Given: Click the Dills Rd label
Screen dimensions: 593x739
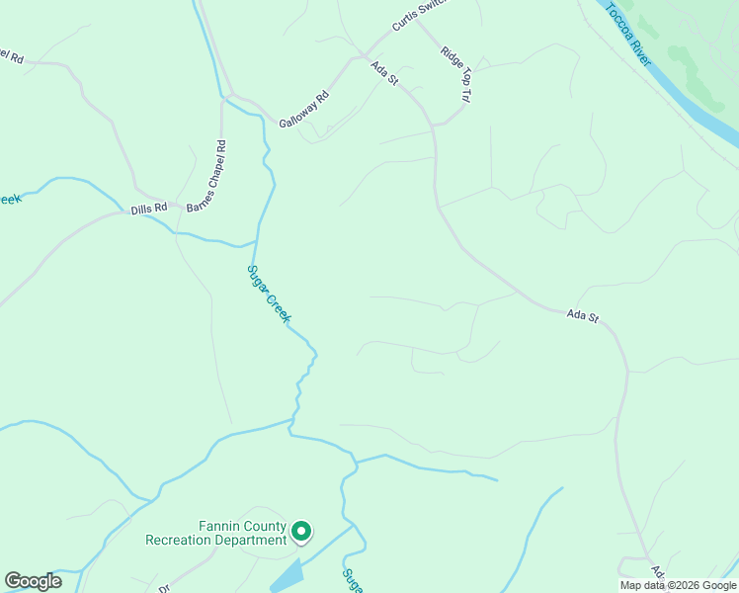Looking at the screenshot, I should click(x=148, y=210).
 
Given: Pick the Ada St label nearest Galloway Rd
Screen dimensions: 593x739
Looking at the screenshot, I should click(x=384, y=74).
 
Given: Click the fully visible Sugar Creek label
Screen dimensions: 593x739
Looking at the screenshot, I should click(x=268, y=294).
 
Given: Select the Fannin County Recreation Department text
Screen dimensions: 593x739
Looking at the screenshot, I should click(x=215, y=533).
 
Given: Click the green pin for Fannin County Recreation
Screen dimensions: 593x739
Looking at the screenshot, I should click(x=302, y=533).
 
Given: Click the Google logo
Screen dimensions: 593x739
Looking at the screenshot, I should click(x=33, y=581).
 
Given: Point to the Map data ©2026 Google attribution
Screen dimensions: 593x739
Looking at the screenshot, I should click(x=678, y=585).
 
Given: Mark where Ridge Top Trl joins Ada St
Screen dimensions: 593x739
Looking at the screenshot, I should click(x=434, y=125).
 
